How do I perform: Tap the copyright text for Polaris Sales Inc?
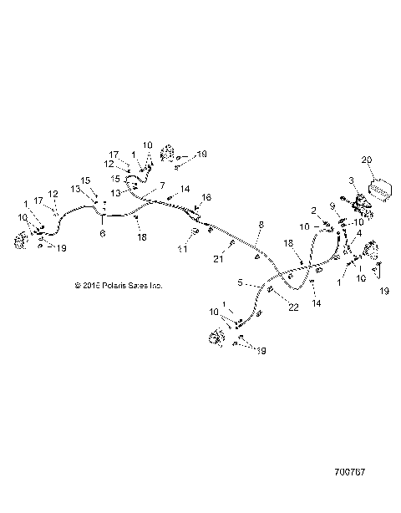(x=118, y=285)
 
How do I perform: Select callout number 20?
(x=365, y=159)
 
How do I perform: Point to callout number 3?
(x=352, y=180)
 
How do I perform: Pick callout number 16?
(x=207, y=196)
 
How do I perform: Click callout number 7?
(x=162, y=185)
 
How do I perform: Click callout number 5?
(x=240, y=282)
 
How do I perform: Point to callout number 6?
(x=102, y=235)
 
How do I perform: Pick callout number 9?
(x=332, y=206)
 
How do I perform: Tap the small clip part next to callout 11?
(x=195, y=241)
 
